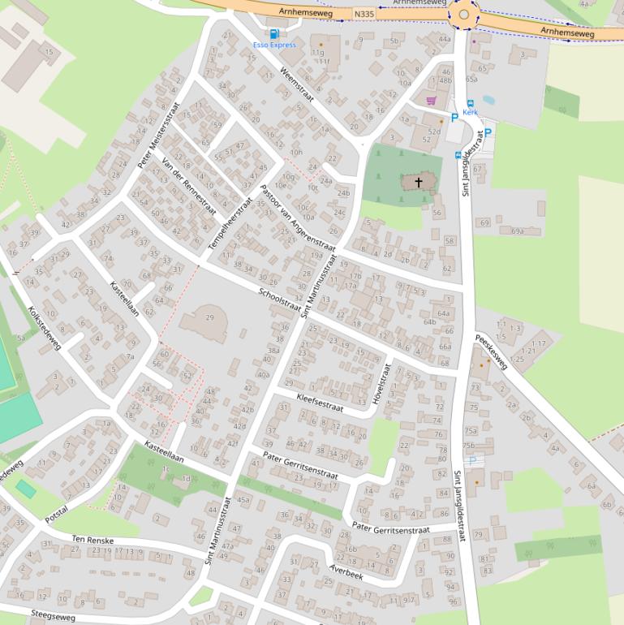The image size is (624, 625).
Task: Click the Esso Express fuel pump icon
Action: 273,34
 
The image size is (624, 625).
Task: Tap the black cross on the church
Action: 420,183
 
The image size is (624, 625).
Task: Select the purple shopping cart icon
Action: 431,101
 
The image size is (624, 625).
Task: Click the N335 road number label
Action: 365,15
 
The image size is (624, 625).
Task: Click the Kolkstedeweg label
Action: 45,328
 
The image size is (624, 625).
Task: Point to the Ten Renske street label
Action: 93,540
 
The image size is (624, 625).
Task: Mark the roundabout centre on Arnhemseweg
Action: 463,15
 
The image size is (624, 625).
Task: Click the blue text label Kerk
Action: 471,112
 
